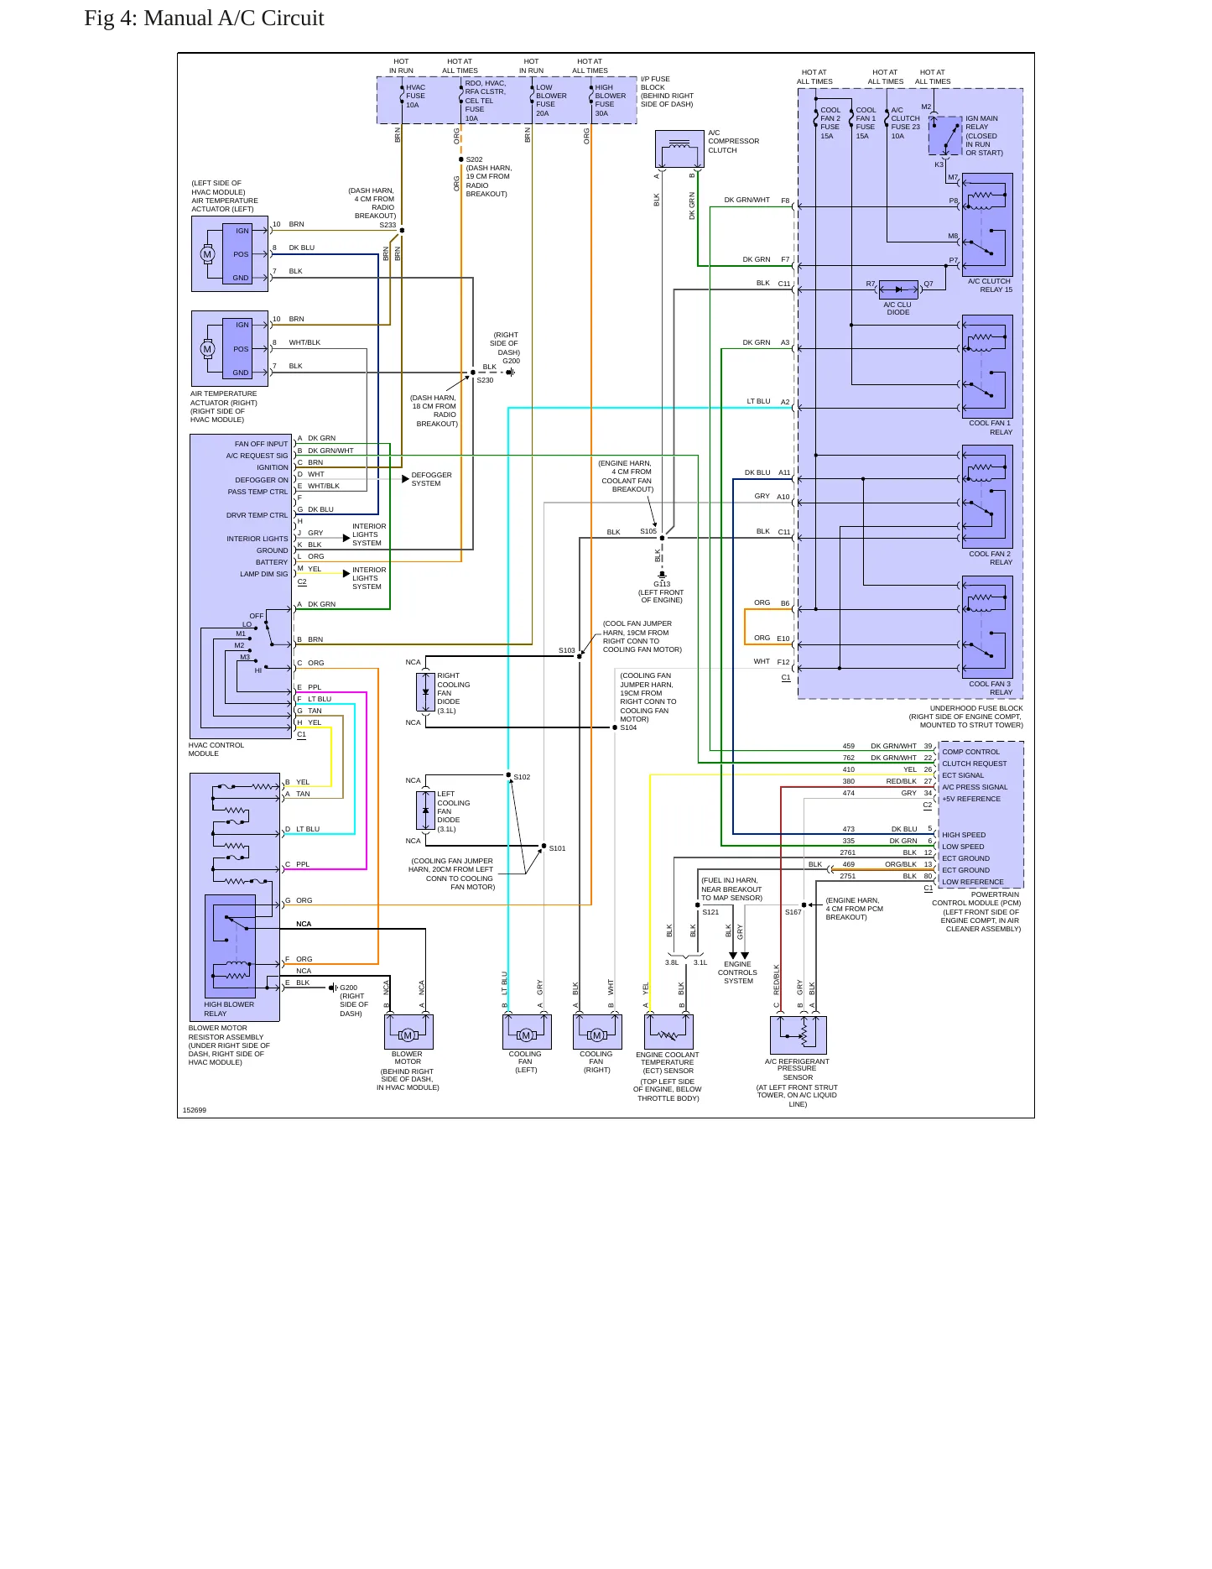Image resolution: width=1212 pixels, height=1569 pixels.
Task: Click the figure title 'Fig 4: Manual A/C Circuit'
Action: [x=204, y=18]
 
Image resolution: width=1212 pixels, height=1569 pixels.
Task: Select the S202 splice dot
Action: [x=460, y=159]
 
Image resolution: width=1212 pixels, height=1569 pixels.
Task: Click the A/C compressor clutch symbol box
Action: [x=679, y=149]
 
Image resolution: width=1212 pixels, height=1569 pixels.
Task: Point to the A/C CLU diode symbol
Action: [x=898, y=289]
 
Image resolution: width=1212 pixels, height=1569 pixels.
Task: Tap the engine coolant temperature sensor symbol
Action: [x=668, y=1032]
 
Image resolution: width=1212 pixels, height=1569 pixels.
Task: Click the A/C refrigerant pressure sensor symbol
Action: [x=798, y=1035]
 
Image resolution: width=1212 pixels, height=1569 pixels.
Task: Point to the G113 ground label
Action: [x=663, y=584]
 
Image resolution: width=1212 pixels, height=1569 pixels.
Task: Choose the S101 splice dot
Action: [x=544, y=846]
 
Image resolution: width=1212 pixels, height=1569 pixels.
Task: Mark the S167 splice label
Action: [x=793, y=912]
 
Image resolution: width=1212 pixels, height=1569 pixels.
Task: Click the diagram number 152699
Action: [x=195, y=1110]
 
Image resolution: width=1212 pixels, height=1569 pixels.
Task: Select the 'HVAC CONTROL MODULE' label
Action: [x=216, y=749]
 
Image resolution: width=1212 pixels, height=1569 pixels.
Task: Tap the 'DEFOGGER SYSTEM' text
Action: [x=432, y=479]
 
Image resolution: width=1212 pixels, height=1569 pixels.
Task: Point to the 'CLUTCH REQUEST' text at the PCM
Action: [x=975, y=764]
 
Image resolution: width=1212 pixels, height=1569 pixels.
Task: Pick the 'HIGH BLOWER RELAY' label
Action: [x=229, y=1009]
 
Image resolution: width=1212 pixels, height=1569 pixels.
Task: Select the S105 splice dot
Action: [x=662, y=538]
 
